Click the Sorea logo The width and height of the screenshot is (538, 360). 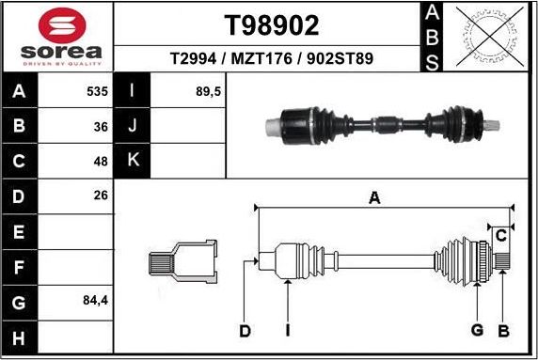(x=58, y=38)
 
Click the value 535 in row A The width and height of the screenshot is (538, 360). (x=96, y=93)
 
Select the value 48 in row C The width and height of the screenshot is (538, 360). (x=101, y=161)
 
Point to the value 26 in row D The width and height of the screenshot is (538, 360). (x=101, y=196)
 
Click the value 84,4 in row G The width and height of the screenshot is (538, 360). (x=94, y=302)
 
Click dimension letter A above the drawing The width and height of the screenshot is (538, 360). (x=374, y=197)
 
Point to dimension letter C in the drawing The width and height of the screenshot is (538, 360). (x=501, y=234)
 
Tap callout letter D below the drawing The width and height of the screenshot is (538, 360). (x=245, y=330)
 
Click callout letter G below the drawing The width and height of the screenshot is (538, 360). (x=477, y=330)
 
